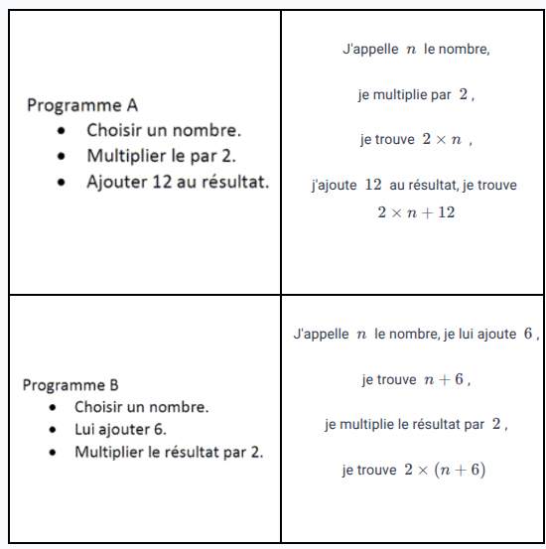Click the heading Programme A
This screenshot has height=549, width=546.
pos(82,105)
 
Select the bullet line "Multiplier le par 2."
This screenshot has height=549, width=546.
pos(161,156)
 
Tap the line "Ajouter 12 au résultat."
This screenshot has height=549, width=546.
pos(178,182)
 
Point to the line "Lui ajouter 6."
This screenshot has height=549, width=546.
pos(120,430)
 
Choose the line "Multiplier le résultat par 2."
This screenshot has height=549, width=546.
pos(170,452)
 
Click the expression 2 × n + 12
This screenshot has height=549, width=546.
pos(416,212)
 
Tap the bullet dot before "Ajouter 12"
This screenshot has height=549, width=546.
pos(63,183)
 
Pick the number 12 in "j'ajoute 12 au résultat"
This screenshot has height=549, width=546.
pos(373,185)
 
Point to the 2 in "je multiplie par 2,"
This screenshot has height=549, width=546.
pos(464,95)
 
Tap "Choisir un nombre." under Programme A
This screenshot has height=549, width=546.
pos(164,130)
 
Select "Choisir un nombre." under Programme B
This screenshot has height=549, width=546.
pos(141,407)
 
